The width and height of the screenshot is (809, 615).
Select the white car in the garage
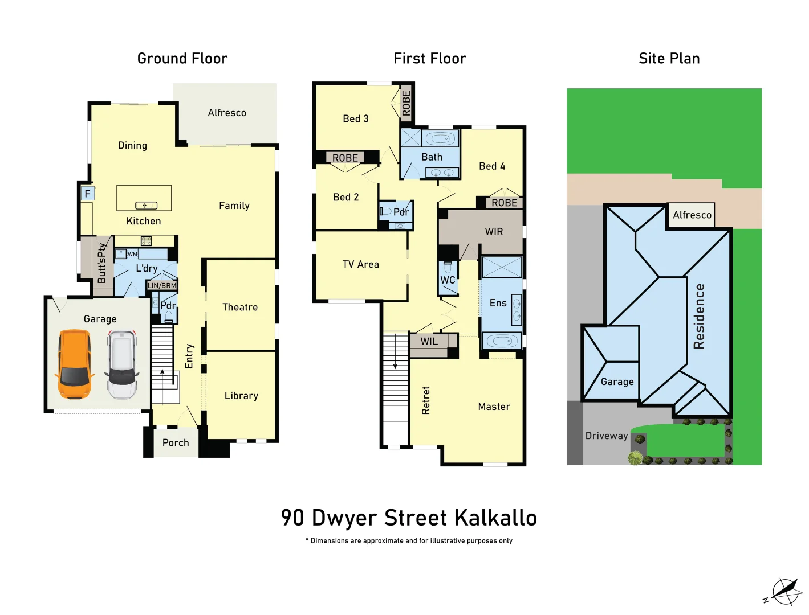tap(121, 364)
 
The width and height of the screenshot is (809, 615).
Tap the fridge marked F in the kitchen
tap(87, 194)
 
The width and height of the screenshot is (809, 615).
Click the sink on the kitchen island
tap(146, 206)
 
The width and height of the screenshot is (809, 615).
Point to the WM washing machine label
tap(132, 255)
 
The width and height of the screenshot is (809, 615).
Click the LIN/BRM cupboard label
tap(162, 285)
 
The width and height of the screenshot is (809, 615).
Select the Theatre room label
tap(240, 307)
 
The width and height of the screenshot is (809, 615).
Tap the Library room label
tap(241, 396)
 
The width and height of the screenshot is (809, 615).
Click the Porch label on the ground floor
tap(176, 443)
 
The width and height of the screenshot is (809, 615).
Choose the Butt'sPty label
tap(102, 263)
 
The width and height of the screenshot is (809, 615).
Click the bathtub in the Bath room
tap(440, 138)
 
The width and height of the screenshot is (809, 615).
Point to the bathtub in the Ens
tap(502, 341)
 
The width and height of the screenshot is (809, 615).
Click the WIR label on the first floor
tap(494, 232)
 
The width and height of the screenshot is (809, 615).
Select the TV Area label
tap(360, 264)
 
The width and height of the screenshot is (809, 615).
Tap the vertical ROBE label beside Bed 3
tap(406, 103)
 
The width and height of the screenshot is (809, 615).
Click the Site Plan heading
tap(669, 59)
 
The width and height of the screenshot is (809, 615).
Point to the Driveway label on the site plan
tap(607, 436)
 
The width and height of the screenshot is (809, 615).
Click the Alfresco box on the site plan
tap(692, 215)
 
